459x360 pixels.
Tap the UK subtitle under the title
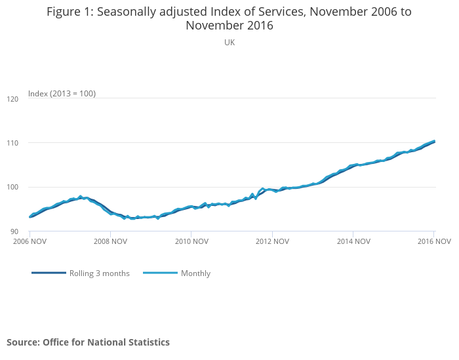(x=229, y=42)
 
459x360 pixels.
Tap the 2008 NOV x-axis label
(x=110, y=241)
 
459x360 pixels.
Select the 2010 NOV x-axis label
(x=191, y=241)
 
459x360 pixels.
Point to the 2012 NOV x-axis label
(x=272, y=241)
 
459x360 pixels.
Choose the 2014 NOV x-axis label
(x=353, y=241)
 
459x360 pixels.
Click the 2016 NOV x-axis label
(x=433, y=241)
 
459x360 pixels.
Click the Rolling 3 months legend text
(x=100, y=273)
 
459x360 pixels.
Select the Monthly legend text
(x=195, y=273)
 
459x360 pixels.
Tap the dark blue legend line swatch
(x=49, y=273)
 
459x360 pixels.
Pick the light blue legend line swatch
(x=159, y=273)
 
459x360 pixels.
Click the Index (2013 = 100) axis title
(x=62, y=94)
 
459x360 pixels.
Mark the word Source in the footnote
(x=23, y=342)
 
